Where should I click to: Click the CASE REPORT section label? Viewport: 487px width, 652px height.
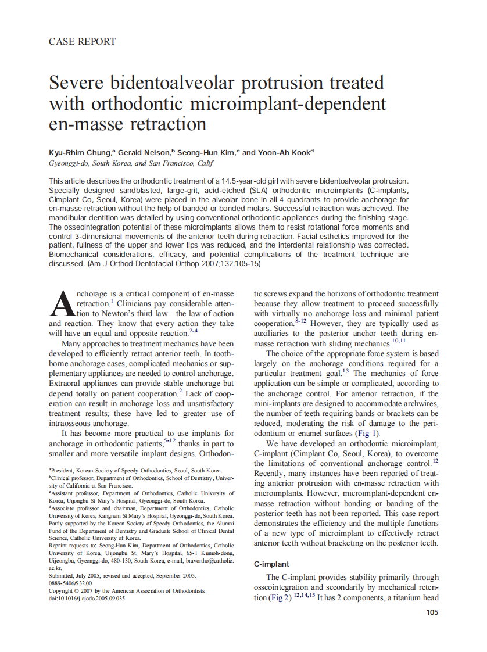82,41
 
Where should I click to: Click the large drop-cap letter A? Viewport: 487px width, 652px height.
62,304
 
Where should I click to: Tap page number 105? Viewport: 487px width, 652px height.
431,612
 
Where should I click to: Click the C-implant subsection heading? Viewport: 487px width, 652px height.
271,564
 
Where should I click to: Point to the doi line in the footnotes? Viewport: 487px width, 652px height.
87,599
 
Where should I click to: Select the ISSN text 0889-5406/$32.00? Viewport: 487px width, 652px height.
70,583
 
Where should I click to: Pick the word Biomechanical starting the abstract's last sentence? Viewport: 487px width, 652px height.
76,255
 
